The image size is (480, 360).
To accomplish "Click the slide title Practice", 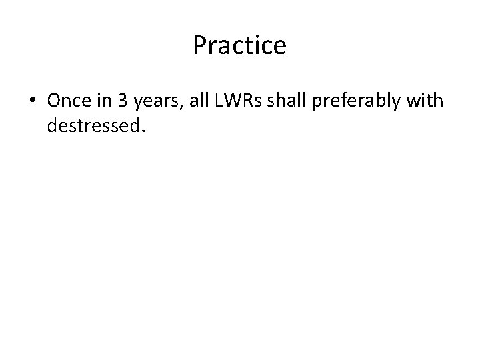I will click(239, 45).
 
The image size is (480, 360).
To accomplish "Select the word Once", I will click(69, 100).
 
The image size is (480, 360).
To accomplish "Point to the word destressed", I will click(91, 125).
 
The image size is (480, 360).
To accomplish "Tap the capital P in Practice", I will click(199, 45).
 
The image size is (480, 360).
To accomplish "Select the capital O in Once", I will click(54, 100).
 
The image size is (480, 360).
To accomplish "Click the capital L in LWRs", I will click(219, 100).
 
